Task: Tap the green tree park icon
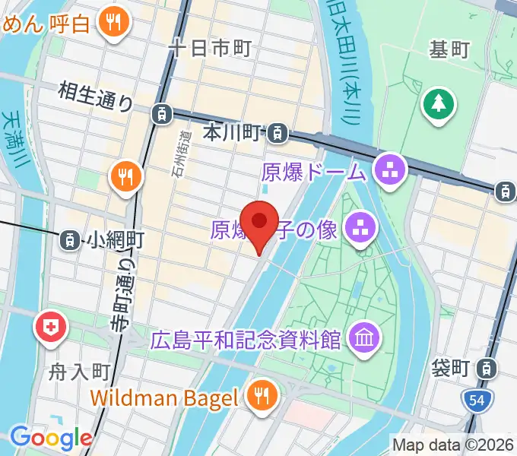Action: [x=439, y=104]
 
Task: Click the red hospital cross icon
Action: [x=51, y=328]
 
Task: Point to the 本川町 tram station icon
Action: [x=278, y=135]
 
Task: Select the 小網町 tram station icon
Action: [x=70, y=240]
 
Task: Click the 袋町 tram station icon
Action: [x=485, y=369]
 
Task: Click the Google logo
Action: [x=50, y=438]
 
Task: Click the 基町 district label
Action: [x=449, y=50]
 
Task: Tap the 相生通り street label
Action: [x=96, y=97]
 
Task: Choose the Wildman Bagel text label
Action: [x=165, y=397]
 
